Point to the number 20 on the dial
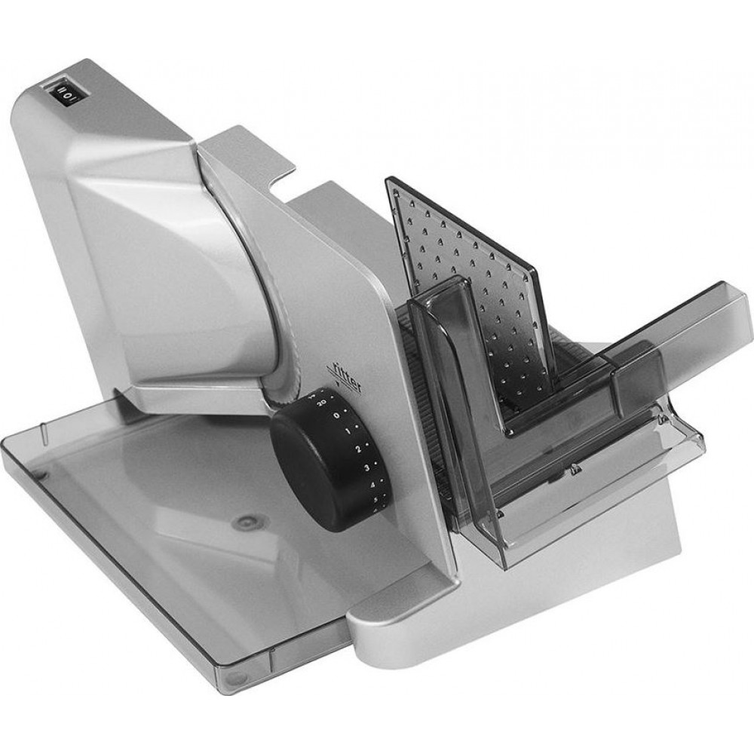(x=323, y=405)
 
